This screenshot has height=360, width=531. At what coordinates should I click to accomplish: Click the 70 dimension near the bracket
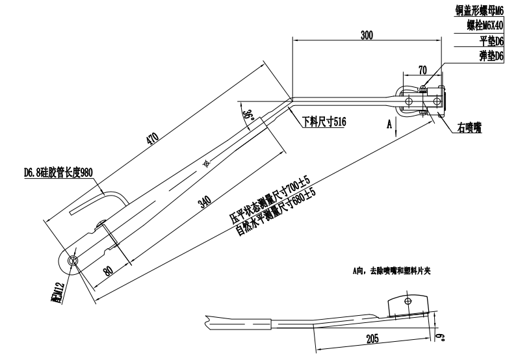(422, 70)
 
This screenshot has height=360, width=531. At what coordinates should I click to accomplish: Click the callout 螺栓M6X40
(484, 25)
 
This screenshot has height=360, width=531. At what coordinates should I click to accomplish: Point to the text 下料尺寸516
(323, 121)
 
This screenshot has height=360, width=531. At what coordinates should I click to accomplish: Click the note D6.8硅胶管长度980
(59, 174)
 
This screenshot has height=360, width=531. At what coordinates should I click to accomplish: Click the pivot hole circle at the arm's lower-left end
(73, 260)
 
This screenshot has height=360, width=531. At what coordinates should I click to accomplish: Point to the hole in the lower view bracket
(408, 301)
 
